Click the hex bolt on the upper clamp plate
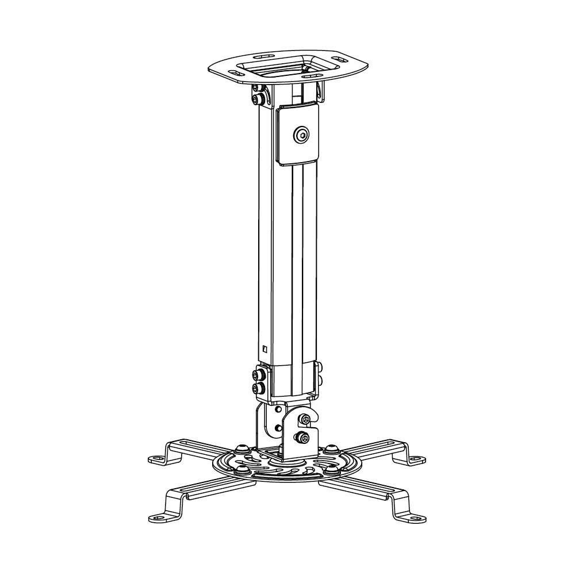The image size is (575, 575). point(301,135)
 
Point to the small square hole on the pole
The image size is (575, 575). point(264,348)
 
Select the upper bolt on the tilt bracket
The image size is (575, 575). point(306,419)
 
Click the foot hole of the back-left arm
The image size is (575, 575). point(156,459)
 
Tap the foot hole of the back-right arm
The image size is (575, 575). point(418,459)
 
